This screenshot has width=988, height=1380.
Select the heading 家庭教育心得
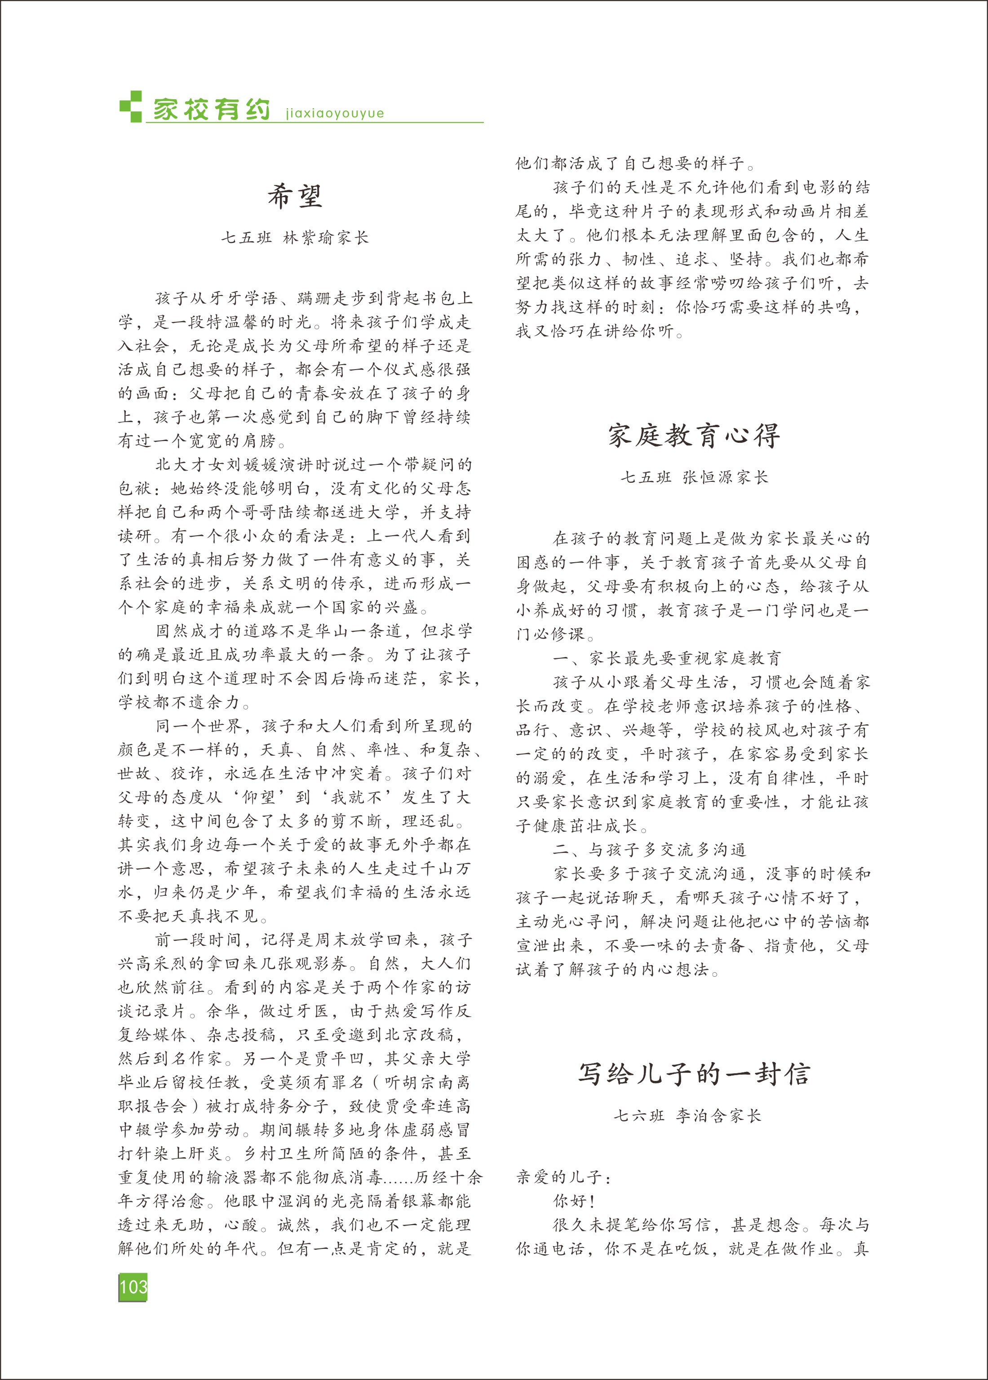coord(694,436)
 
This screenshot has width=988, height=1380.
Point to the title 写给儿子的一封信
coord(694,1074)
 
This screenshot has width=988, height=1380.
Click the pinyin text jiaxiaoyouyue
coord(335,114)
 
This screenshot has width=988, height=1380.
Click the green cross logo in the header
coord(130,106)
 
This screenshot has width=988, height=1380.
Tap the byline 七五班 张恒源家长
coord(694,477)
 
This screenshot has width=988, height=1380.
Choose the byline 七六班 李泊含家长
coord(687,1115)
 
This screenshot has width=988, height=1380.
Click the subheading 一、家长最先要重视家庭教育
coord(667,658)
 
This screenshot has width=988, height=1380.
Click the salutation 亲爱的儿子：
coord(564,1177)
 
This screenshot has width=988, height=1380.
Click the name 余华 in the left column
coord(224,1011)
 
